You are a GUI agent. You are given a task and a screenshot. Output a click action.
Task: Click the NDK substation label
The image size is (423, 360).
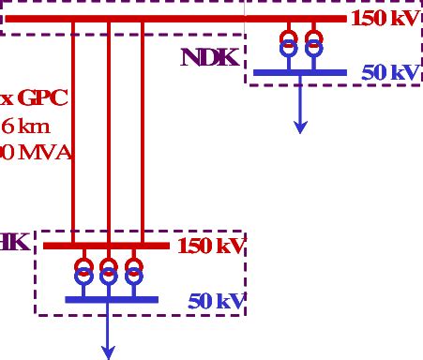point(211,56)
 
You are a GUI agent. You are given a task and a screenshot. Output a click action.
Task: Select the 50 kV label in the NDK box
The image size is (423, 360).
point(389,72)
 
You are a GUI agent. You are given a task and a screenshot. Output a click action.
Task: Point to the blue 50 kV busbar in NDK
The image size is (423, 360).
point(300,71)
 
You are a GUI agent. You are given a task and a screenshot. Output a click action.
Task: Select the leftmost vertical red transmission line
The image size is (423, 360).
point(73,131)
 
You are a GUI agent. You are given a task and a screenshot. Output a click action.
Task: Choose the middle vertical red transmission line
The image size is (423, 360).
point(109,131)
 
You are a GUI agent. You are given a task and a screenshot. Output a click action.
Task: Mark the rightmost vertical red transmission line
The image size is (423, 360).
point(143,131)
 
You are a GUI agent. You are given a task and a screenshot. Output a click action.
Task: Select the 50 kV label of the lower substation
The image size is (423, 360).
point(216,301)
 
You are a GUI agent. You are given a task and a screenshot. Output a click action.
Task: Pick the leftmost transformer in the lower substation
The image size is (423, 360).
point(83,271)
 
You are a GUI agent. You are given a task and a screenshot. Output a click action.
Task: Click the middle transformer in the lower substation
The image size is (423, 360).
point(109,271)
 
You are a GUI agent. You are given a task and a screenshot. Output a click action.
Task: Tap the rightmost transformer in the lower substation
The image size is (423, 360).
point(134,271)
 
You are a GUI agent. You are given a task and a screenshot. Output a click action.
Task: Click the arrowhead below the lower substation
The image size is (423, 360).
point(109,352)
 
